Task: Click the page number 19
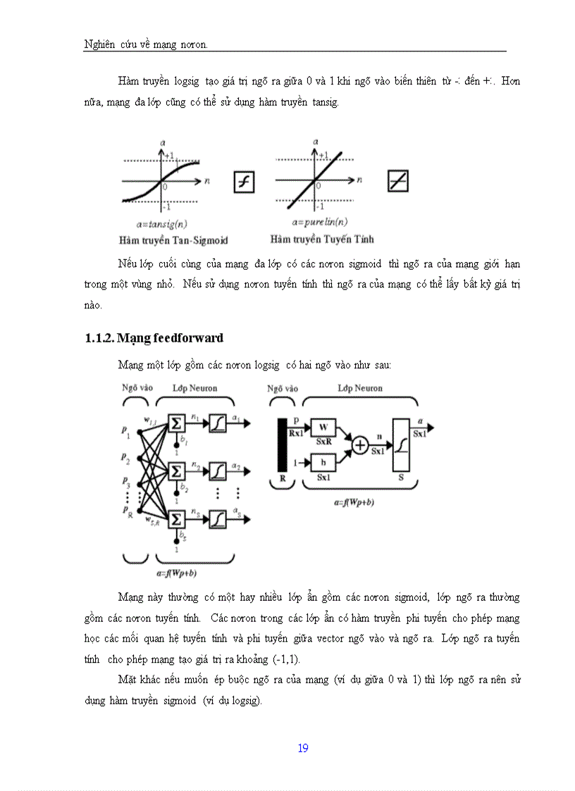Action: tap(303, 748)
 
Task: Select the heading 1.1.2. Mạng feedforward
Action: tap(154, 338)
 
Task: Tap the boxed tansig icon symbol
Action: tap(244, 182)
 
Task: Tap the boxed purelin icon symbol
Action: tap(397, 182)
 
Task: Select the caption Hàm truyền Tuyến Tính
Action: tap(322, 239)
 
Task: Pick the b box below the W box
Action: tap(324, 463)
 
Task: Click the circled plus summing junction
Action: tap(360, 445)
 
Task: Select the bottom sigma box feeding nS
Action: tap(176, 520)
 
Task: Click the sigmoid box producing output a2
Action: tap(218, 471)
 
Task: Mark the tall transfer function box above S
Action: tap(402, 444)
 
